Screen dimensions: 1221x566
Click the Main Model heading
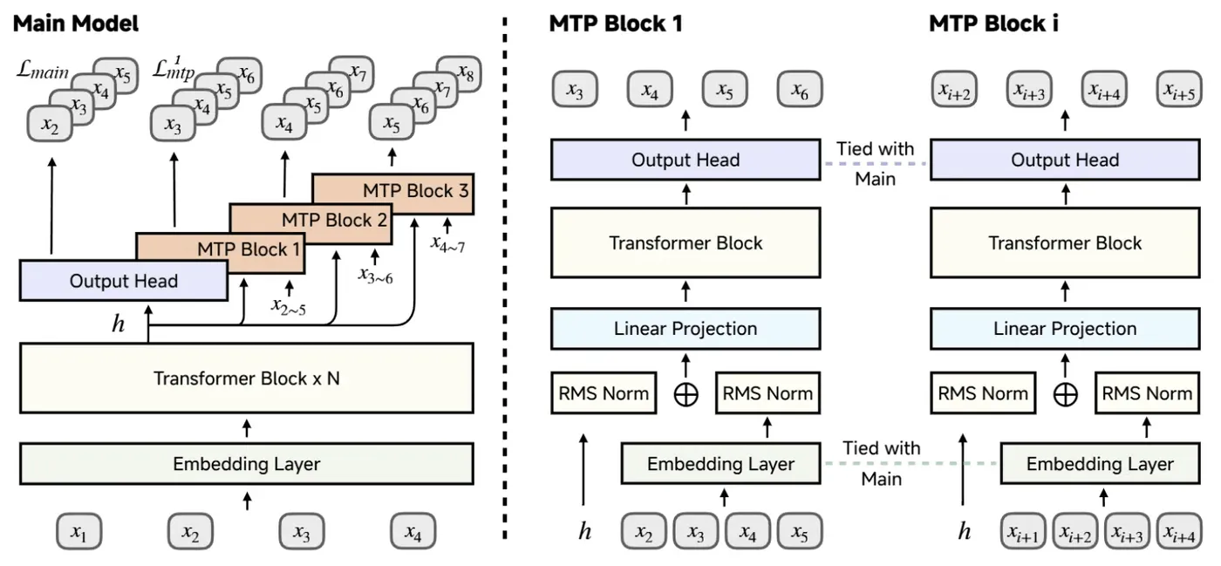coord(75,24)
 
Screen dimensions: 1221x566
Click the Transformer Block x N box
coord(246,378)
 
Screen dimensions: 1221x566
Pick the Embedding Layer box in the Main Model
coord(246,463)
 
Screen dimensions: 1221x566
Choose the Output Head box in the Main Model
coord(124,280)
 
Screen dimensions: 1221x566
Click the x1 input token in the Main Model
coord(79,531)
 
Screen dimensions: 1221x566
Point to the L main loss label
coord(43,70)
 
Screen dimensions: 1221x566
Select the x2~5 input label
coord(289,306)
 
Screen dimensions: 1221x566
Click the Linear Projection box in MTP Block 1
coord(686,328)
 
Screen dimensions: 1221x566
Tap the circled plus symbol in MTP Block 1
coord(686,394)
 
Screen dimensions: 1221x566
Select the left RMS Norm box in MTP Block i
coord(983,392)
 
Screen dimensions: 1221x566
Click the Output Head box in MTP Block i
coord(1065,160)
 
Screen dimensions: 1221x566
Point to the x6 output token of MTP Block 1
coord(800,89)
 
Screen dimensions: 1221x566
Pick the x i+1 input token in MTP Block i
coord(1023,531)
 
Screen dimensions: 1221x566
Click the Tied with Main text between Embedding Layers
coord(882,463)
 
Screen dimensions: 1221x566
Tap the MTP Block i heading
coord(993,24)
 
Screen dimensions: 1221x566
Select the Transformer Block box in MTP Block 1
coord(686,242)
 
